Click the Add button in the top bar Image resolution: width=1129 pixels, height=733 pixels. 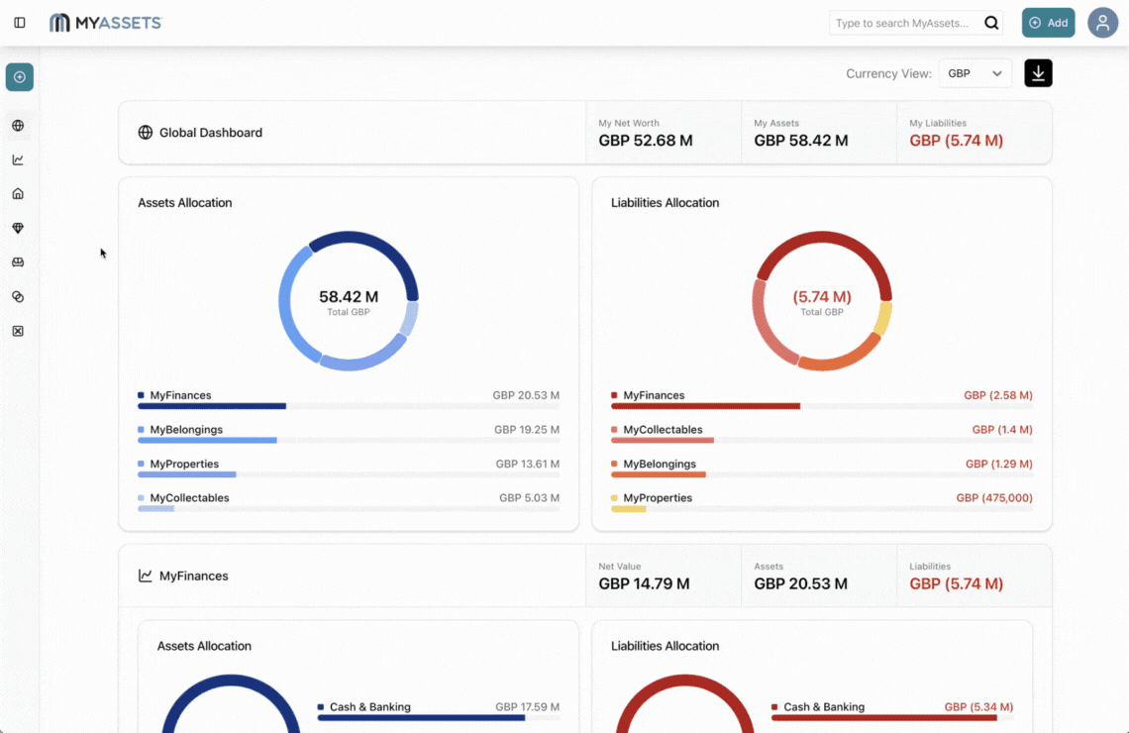(x=1048, y=23)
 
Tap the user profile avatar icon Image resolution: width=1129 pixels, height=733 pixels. (x=1102, y=23)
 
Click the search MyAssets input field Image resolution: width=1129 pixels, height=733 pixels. (x=903, y=23)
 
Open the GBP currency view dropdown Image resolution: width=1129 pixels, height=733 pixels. (x=975, y=73)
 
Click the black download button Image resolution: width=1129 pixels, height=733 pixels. (x=1038, y=73)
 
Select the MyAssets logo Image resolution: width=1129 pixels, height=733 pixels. (x=105, y=23)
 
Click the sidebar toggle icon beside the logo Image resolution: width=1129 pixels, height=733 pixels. (x=20, y=23)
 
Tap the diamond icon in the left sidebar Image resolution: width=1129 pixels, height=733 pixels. (x=18, y=228)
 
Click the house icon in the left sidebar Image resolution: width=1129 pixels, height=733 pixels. (x=18, y=194)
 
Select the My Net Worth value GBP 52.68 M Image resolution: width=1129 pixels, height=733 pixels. (x=646, y=141)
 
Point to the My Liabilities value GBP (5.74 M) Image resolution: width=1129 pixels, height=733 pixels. (x=956, y=141)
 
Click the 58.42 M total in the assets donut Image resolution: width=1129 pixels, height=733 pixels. (x=349, y=296)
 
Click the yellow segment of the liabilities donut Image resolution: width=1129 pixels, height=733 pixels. (x=882, y=319)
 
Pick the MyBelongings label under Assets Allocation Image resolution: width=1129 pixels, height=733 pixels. (x=186, y=430)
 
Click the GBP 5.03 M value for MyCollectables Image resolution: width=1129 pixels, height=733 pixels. (x=529, y=498)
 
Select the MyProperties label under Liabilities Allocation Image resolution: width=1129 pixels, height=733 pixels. (x=658, y=498)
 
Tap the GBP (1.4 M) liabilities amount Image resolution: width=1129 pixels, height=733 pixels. (x=1001, y=430)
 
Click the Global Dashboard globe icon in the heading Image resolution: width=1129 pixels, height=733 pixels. (x=146, y=133)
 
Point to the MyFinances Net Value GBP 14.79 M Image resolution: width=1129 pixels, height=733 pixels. (x=644, y=583)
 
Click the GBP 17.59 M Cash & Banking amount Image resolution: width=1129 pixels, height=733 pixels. (x=527, y=707)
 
